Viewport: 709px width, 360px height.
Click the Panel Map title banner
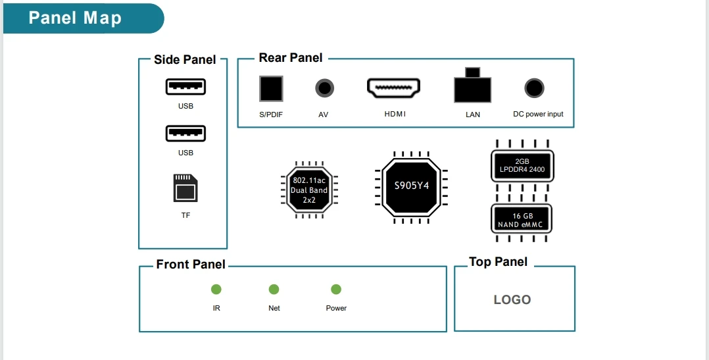(x=75, y=18)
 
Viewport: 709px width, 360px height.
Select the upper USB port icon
(x=185, y=87)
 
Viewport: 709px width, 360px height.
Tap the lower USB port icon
(x=185, y=134)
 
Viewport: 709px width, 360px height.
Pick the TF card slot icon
(x=185, y=188)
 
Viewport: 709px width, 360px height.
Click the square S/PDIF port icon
(x=271, y=88)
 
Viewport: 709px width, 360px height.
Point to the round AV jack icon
(x=324, y=88)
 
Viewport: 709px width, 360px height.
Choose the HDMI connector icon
(x=393, y=88)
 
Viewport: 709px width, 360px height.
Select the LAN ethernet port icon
(x=472, y=88)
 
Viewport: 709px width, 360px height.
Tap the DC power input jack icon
(x=534, y=88)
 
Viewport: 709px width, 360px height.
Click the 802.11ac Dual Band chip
(x=309, y=190)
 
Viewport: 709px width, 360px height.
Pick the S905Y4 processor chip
(x=411, y=186)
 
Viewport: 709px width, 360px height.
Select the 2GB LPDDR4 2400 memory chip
(x=522, y=165)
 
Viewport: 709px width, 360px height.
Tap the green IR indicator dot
(x=216, y=290)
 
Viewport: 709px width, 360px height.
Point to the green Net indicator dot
(x=274, y=290)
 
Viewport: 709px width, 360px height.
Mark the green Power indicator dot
(x=336, y=290)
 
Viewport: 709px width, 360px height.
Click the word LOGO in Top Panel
(x=512, y=299)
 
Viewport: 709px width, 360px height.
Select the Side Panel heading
(x=185, y=60)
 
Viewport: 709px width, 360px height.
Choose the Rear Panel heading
(x=291, y=58)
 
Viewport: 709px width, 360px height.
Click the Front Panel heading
(x=191, y=265)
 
